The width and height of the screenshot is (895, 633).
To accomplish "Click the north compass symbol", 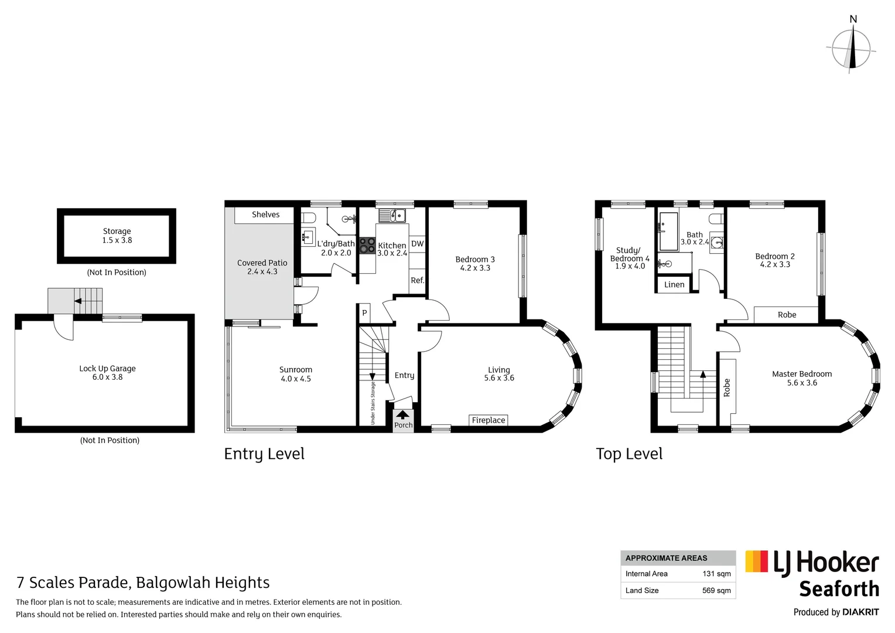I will (852, 49).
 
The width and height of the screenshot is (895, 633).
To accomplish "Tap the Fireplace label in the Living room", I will (488, 420).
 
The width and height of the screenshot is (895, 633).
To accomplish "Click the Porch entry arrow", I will (403, 414).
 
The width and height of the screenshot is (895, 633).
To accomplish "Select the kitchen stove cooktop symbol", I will (367, 246).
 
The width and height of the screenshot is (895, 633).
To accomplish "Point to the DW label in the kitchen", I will (417, 244).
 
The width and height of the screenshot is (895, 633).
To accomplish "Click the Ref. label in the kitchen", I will (417, 281).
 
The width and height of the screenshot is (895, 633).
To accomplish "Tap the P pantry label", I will (364, 313).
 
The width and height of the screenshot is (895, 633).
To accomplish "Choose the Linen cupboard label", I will (674, 285).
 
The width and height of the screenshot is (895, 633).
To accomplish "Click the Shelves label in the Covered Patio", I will (265, 215).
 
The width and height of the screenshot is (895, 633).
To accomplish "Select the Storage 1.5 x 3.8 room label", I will (117, 236).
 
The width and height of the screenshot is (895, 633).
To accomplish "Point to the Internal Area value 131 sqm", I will (716, 574).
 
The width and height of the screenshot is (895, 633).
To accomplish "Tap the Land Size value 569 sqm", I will (716, 590).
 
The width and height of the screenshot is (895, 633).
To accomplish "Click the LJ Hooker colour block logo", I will (756, 561).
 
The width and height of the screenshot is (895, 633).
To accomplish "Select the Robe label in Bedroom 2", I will (787, 315).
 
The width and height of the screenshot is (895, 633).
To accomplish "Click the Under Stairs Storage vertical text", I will (373, 403).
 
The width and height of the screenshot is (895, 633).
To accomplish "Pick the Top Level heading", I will (629, 454).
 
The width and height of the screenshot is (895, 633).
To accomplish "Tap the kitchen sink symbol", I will (392, 216).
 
